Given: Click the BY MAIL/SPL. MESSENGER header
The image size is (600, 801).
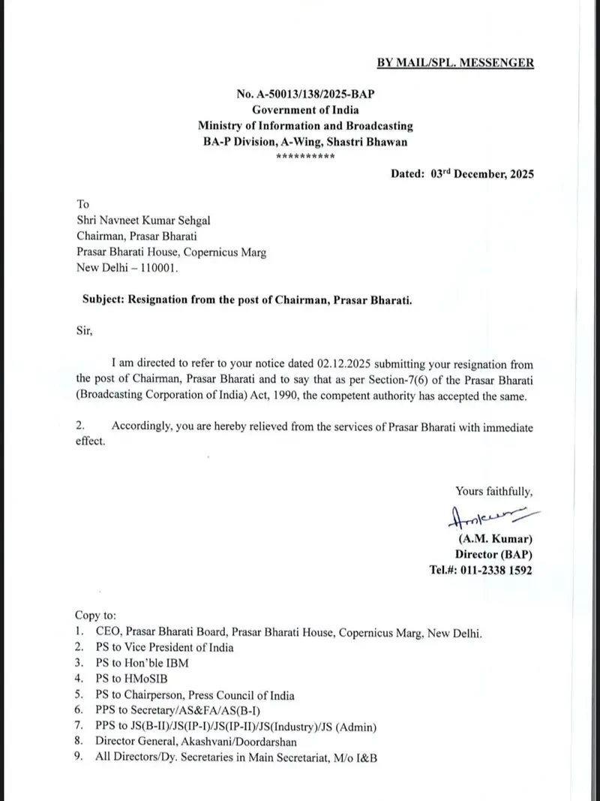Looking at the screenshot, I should coord(455,63).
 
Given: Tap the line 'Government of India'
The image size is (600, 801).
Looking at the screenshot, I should coord(304,110).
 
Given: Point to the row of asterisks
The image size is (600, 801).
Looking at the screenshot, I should coord(305,156).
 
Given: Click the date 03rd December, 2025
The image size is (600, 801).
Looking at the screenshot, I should coord(482,173).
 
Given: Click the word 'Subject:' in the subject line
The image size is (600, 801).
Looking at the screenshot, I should coord(103,299).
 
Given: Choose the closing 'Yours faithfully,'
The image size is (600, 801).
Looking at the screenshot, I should coord(494,492).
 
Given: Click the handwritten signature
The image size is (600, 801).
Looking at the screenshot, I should coord(484,518).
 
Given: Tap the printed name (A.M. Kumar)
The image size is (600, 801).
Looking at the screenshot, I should coord(495,539).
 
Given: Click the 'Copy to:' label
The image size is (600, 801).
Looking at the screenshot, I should coord(95,615).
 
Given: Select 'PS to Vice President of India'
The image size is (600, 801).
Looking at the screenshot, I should coord(164,647).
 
